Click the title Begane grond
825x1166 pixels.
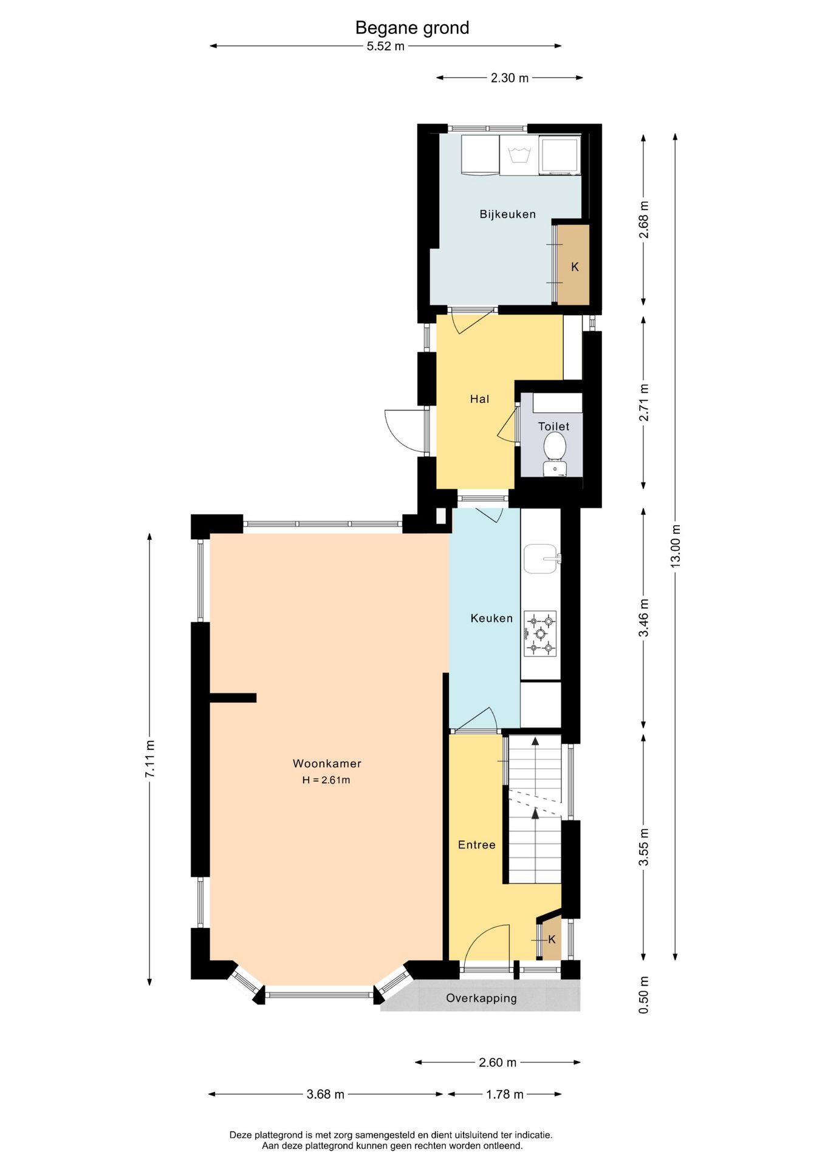412,28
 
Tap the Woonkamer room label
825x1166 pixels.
327,763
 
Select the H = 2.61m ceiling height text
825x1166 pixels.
326,780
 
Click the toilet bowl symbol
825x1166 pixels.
555,452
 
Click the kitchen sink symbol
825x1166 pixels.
541,559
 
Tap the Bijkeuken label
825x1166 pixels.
507,214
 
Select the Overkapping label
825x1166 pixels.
481,998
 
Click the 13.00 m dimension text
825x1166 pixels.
676,547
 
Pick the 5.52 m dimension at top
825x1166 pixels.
385,46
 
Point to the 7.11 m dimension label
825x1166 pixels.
149,759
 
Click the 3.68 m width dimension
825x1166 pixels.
325,1094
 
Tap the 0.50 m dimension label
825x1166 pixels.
644,995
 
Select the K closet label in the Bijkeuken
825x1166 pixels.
575,267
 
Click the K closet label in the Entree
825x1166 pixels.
552,939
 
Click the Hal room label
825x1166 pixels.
479,399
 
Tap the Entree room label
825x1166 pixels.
476,845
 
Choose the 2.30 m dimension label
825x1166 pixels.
510,78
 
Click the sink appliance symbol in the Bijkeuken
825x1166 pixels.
519,155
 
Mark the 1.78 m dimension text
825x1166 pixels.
504,1094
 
